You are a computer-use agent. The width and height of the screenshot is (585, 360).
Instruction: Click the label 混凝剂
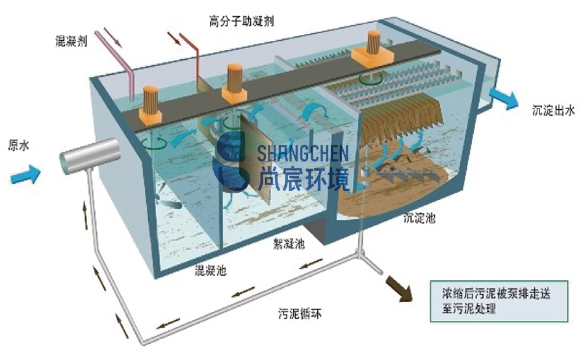(x=71, y=41)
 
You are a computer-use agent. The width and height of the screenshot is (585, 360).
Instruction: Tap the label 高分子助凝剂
(x=241, y=21)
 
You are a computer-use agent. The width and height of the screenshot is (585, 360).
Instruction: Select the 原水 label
(x=18, y=145)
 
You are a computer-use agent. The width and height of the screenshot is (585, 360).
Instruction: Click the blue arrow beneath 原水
(x=25, y=175)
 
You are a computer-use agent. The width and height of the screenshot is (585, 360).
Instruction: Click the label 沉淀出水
(x=553, y=110)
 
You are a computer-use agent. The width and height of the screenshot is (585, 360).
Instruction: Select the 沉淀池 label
(x=419, y=218)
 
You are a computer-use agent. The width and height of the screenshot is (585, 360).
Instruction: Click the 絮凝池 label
(x=289, y=244)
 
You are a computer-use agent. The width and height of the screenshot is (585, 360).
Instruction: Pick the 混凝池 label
(x=211, y=270)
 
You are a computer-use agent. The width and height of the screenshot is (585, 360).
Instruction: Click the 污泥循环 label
(x=300, y=313)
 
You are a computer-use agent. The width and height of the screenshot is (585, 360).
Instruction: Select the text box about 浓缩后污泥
(x=499, y=301)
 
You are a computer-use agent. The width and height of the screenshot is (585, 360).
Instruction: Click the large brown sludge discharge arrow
(x=399, y=289)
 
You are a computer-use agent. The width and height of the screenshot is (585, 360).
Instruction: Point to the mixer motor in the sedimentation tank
(x=372, y=49)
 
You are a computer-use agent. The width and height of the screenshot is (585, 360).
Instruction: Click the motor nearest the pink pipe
(x=151, y=105)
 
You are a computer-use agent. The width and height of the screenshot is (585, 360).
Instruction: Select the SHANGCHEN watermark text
(x=303, y=153)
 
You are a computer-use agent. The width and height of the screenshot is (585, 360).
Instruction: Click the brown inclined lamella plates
(x=403, y=114)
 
